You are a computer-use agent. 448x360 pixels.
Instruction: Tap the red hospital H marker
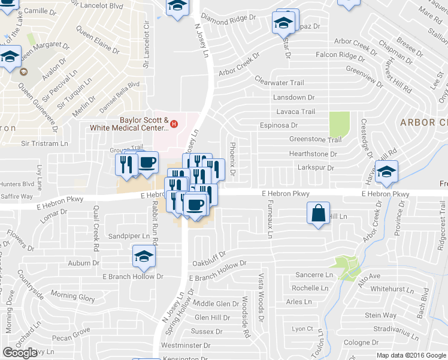coord(174,124)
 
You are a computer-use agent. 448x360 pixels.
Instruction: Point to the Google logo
coord(20,353)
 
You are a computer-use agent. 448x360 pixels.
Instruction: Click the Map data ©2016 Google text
coord(411,355)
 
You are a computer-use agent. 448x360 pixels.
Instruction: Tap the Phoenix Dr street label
coord(231,155)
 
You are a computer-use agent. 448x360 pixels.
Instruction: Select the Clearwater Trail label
coord(280,82)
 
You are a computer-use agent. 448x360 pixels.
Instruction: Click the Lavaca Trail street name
coord(295,112)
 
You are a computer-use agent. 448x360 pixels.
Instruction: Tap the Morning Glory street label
coord(72,297)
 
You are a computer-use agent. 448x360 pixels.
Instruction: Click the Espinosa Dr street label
coord(279,125)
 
